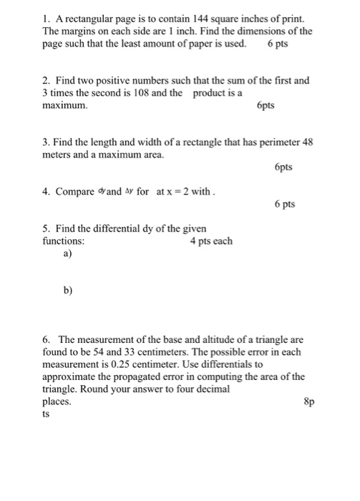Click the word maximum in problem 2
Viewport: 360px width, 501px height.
click(x=65, y=105)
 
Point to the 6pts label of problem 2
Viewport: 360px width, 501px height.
click(x=266, y=106)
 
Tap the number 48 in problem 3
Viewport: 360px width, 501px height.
click(x=308, y=141)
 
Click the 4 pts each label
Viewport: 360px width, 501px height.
click(x=211, y=241)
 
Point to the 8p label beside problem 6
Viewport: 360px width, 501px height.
click(x=309, y=402)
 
